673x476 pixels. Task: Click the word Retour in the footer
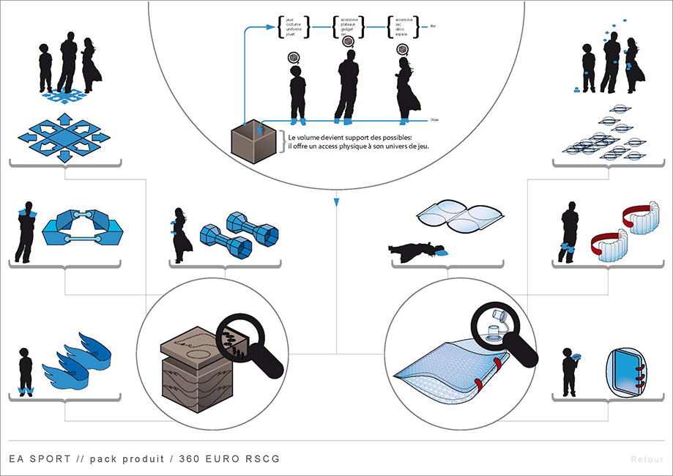(x=647, y=460)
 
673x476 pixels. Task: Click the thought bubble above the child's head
(x=294, y=56)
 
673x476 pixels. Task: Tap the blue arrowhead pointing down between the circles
(x=336, y=200)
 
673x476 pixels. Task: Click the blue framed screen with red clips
(x=623, y=371)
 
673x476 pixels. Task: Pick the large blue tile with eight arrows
(x=64, y=136)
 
